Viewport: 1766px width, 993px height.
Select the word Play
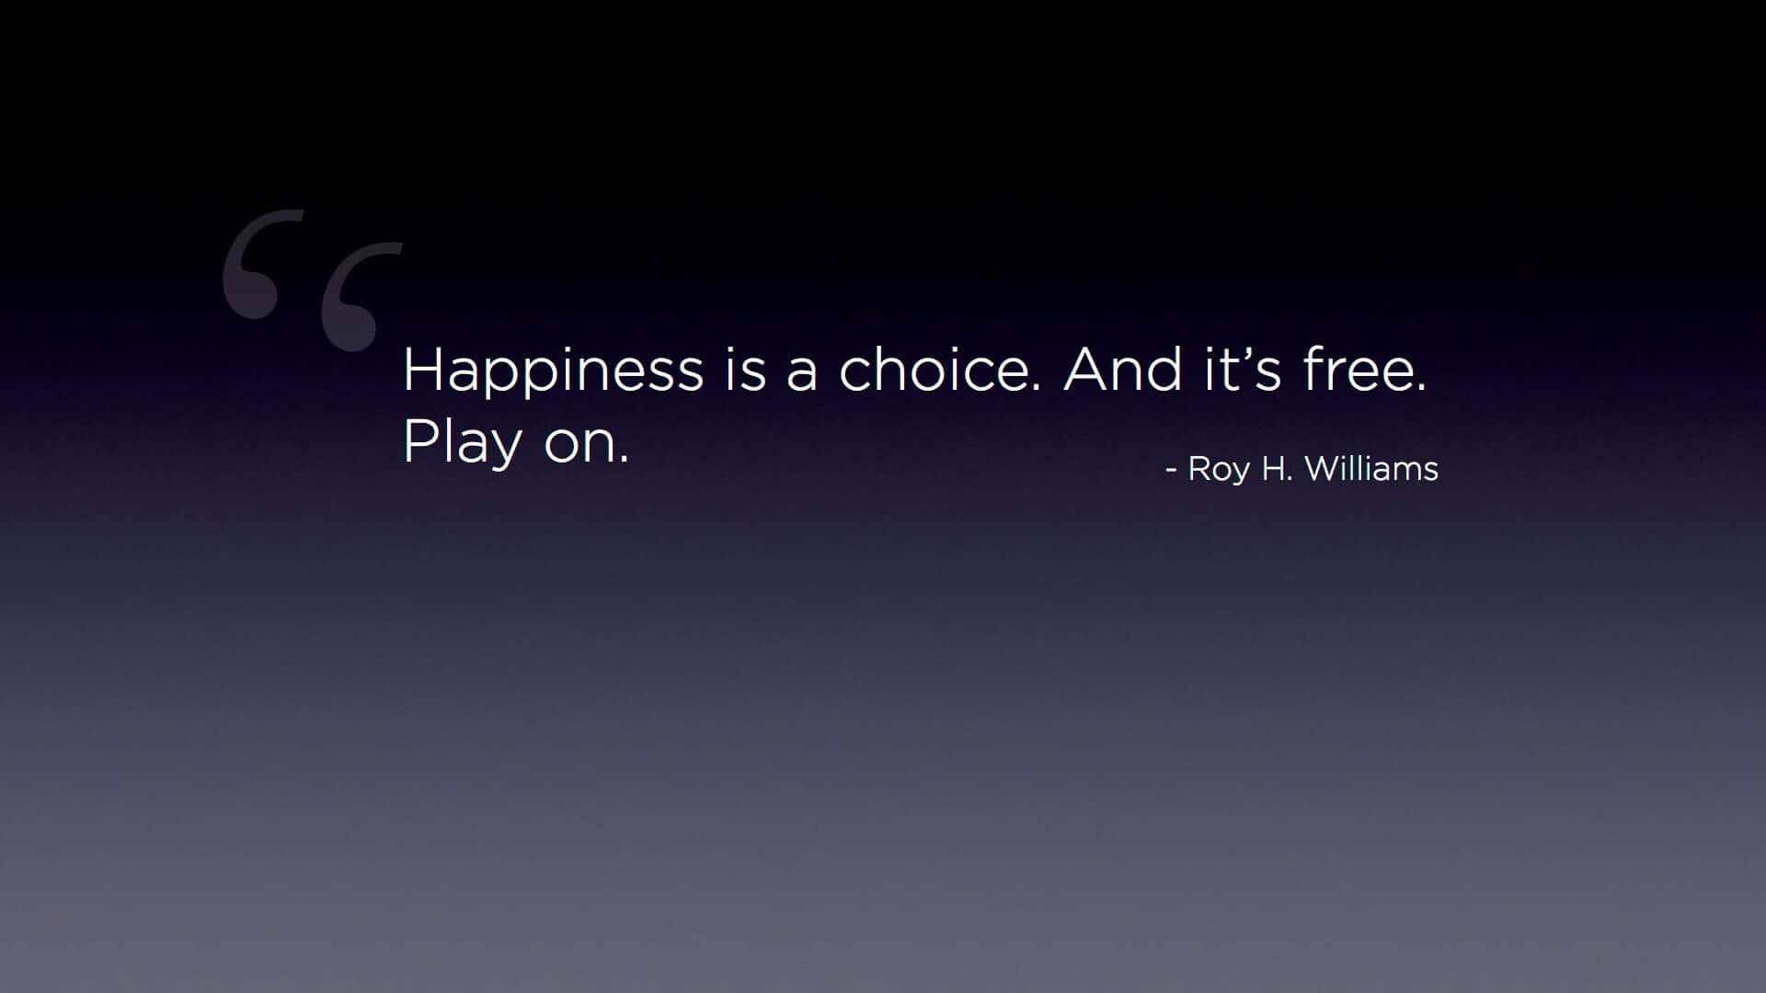point(463,444)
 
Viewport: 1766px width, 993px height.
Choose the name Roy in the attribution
point(1219,470)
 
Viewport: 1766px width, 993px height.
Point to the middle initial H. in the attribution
point(1277,468)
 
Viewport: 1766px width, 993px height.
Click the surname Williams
point(1371,468)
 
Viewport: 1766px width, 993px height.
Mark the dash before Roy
point(1171,471)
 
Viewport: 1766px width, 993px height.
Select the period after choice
point(1037,388)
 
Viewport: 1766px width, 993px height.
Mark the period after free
point(1422,388)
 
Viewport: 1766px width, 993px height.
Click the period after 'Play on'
point(625,460)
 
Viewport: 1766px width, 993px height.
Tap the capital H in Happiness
point(421,371)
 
